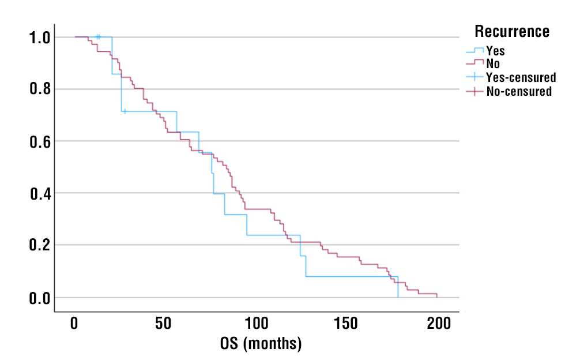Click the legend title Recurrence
pyautogui.click(x=511, y=31)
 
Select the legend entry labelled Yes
pyautogui.click(x=495, y=51)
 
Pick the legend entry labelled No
pyautogui.click(x=493, y=63)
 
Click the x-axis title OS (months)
pyautogui.click(x=261, y=344)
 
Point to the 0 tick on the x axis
pyautogui.click(x=74, y=323)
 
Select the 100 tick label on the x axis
pyautogui.click(x=256, y=323)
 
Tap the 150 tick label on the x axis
pyautogui.click(x=347, y=323)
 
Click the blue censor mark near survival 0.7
pyautogui.click(x=125, y=111)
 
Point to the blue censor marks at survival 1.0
pyautogui.click(x=98, y=37)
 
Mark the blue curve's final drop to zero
pyautogui.click(x=398, y=287)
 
